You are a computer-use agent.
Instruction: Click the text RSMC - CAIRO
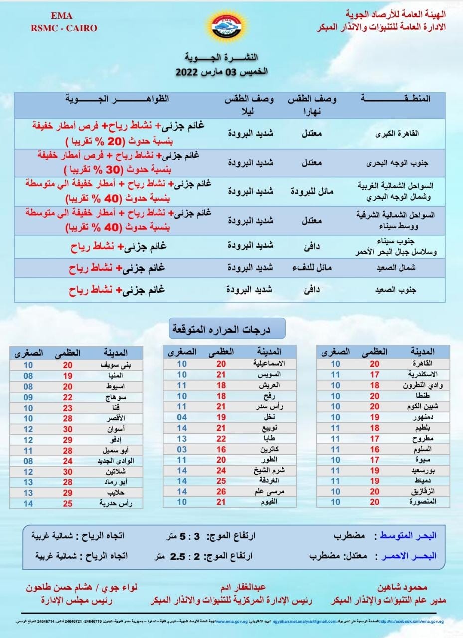click(x=64, y=28)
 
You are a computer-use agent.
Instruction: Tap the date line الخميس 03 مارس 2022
click(x=222, y=72)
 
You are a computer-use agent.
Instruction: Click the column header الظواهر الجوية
click(x=118, y=99)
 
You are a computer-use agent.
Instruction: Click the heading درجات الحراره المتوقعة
click(x=227, y=329)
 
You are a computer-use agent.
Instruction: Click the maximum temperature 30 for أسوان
click(x=67, y=429)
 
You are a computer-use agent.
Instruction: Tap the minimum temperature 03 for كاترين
click(x=182, y=449)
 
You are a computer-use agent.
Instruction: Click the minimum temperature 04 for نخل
click(x=182, y=417)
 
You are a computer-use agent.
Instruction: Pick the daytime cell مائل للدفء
click(x=312, y=268)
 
